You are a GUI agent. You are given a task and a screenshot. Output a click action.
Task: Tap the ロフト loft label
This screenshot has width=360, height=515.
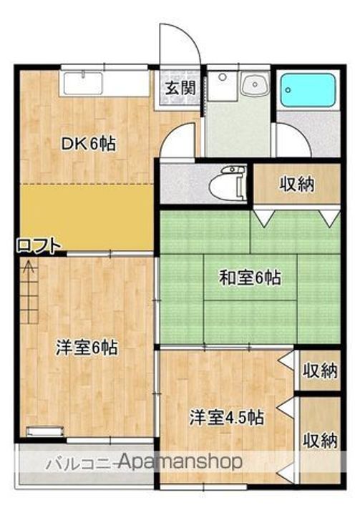click(x=39, y=246)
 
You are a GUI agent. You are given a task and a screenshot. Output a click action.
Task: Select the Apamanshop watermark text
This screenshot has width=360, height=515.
click(x=182, y=461)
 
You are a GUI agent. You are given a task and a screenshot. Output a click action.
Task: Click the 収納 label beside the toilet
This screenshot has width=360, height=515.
click(x=296, y=184)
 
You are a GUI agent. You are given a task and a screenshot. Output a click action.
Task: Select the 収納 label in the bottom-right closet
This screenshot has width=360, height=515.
click(x=319, y=440)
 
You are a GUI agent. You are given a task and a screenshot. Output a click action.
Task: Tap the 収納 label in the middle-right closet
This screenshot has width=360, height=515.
click(x=319, y=371)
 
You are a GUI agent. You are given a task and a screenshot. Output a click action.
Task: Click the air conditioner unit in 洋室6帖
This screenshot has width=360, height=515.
click(x=43, y=431)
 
